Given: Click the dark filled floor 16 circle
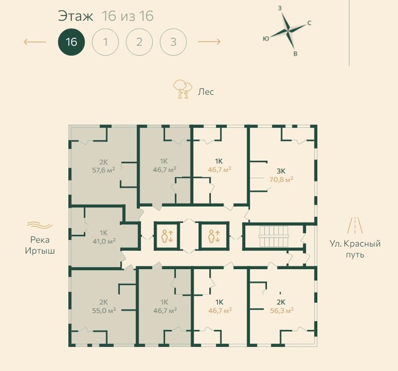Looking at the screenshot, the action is (x=72, y=42).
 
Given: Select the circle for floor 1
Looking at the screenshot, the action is (x=105, y=42).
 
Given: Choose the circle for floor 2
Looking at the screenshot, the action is (x=139, y=42).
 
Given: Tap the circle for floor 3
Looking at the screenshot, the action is (x=173, y=42).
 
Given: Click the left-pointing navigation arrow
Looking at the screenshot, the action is (x=35, y=42).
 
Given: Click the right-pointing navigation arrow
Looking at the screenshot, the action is (x=209, y=42).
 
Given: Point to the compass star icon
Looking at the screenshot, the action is (x=288, y=31).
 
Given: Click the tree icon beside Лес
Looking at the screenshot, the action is (x=182, y=89).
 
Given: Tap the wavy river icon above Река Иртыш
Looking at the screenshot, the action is (x=40, y=225).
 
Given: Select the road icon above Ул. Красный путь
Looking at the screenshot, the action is (x=355, y=225).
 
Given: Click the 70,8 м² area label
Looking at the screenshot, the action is (x=281, y=180).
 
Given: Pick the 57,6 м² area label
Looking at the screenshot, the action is (x=103, y=170).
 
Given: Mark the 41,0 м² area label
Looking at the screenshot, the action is (x=104, y=241).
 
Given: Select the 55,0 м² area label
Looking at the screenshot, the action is (x=104, y=310).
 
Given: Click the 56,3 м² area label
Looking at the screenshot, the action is (x=282, y=311).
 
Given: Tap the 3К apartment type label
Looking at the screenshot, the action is (x=281, y=171).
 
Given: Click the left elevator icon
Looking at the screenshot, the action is (x=167, y=236).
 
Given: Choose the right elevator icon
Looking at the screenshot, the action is (x=214, y=236).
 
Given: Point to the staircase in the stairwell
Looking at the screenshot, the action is (x=274, y=236).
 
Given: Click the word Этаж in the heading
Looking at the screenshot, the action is (x=76, y=16).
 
